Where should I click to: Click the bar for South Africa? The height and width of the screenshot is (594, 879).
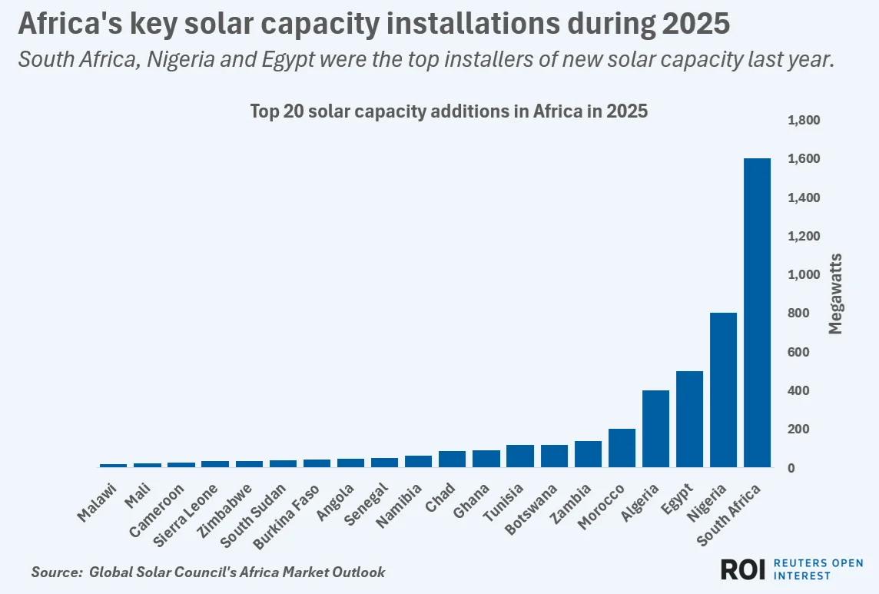[757, 313]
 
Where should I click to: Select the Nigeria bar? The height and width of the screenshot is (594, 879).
[723, 390]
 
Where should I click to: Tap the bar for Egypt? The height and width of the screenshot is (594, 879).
[689, 419]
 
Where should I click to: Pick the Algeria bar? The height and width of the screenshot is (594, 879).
[656, 429]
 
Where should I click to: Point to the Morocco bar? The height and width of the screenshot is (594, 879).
[622, 448]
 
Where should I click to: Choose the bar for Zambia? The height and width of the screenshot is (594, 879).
[588, 454]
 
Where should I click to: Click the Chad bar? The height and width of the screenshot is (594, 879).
[453, 459]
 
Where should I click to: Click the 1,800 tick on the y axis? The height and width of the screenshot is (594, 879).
[804, 120]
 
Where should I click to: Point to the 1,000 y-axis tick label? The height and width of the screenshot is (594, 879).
[804, 274]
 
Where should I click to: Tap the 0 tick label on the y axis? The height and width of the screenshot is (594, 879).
[791, 468]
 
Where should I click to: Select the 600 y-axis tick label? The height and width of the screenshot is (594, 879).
[798, 352]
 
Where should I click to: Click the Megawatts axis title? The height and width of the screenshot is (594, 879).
[835, 294]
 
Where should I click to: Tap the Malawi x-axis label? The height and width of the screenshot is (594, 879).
[96, 503]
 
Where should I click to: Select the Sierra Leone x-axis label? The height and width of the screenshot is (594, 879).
[185, 516]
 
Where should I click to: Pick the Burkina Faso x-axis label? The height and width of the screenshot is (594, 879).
[286, 517]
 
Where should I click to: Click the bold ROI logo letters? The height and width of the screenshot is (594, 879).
[743, 569]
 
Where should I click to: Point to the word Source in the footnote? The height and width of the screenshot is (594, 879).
[57, 572]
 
